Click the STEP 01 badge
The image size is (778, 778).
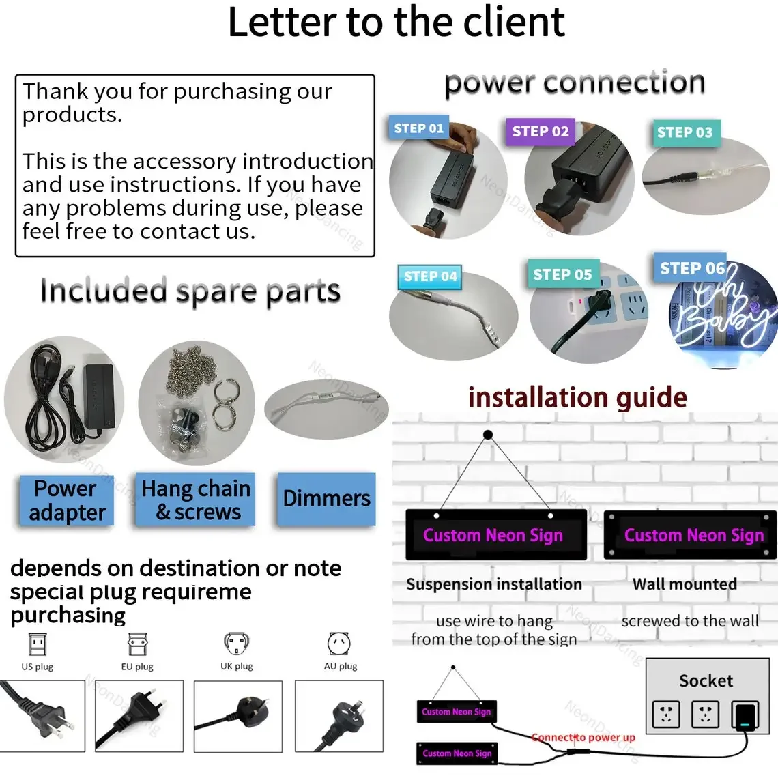419,128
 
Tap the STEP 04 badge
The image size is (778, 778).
430,276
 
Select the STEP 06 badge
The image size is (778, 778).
691,268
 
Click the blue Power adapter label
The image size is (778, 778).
66,500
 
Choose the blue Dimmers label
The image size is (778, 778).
326,499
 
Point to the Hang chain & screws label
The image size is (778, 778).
196,500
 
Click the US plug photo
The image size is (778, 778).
42,716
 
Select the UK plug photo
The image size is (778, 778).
237,716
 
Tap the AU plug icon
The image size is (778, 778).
339,644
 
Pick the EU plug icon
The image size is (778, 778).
137,644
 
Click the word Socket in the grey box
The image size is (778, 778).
706,680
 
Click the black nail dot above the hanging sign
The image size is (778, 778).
488,435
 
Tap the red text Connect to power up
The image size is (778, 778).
583,737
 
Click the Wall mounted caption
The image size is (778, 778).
685,584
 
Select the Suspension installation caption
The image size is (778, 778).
494,584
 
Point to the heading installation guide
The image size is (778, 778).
577,397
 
